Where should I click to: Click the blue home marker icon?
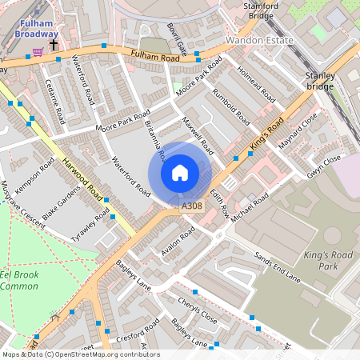click(180, 174)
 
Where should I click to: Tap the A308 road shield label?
click(192, 206)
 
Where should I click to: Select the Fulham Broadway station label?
click(38, 29)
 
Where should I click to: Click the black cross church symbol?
click(54, 46)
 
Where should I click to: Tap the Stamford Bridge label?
click(264, 10)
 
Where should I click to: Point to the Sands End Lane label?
click(277, 267)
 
